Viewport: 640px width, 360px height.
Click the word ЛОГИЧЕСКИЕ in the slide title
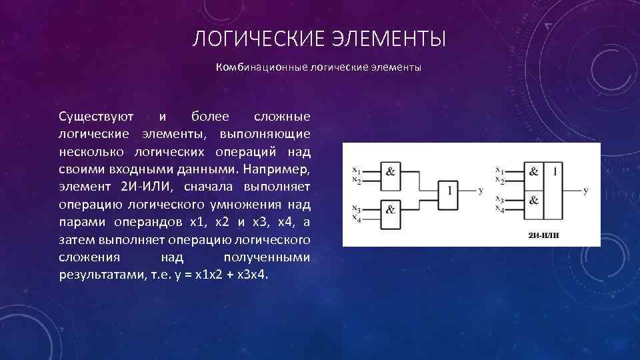[256, 40]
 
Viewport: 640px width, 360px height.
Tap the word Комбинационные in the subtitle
[261, 68]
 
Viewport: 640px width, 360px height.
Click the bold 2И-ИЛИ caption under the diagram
[543, 235]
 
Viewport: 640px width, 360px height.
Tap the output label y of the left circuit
[481, 191]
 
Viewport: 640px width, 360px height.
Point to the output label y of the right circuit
[585, 191]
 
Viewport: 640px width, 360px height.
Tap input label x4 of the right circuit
[499, 209]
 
